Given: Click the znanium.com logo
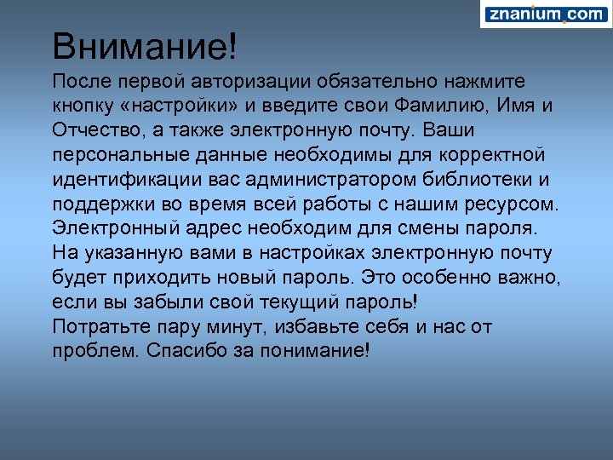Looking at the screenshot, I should click(x=545, y=14).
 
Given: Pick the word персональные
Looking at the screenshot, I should click(x=121, y=156).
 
